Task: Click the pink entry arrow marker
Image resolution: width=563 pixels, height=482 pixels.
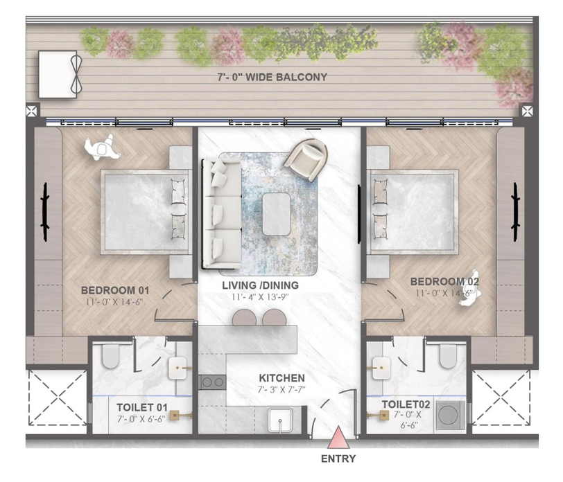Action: pyautogui.click(x=338, y=438)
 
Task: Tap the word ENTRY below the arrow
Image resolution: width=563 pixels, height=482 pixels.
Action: pyautogui.click(x=338, y=458)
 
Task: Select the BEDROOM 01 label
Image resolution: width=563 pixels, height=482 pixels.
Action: pyautogui.click(x=115, y=290)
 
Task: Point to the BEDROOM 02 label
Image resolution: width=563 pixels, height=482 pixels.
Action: pyautogui.click(x=444, y=282)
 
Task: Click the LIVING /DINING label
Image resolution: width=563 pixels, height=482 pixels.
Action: pyautogui.click(x=260, y=285)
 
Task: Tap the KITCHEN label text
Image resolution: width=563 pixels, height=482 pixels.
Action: pyautogui.click(x=282, y=378)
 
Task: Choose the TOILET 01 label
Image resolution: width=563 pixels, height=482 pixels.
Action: pyautogui.click(x=142, y=407)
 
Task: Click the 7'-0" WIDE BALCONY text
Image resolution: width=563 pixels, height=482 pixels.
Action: pyautogui.click(x=272, y=77)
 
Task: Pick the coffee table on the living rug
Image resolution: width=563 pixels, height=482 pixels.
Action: pyautogui.click(x=276, y=214)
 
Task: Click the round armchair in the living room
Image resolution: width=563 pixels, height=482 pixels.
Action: pyautogui.click(x=306, y=159)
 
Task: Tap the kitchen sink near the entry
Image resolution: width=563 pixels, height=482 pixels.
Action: pyautogui.click(x=280, y=420)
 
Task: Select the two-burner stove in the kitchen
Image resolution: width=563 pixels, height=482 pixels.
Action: pyautogui.click(x=212, y=383)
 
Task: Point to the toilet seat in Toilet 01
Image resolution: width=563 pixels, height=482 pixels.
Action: pyautogui.click(x=110, y=355)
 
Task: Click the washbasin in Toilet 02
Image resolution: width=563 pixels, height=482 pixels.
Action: pyautogui.click(x=381, y=368)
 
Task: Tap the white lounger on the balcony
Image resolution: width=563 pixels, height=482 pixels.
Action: pyautogui.click(x=58, y=74)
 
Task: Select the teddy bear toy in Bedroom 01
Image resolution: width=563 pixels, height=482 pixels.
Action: pyautogui.click(x=102, y=148)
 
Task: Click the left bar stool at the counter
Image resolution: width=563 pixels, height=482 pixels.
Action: pyautogui.click(x=244, y=318)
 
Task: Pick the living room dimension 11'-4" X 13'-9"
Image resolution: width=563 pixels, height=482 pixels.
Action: pyautogui.click(x=260, y=297)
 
